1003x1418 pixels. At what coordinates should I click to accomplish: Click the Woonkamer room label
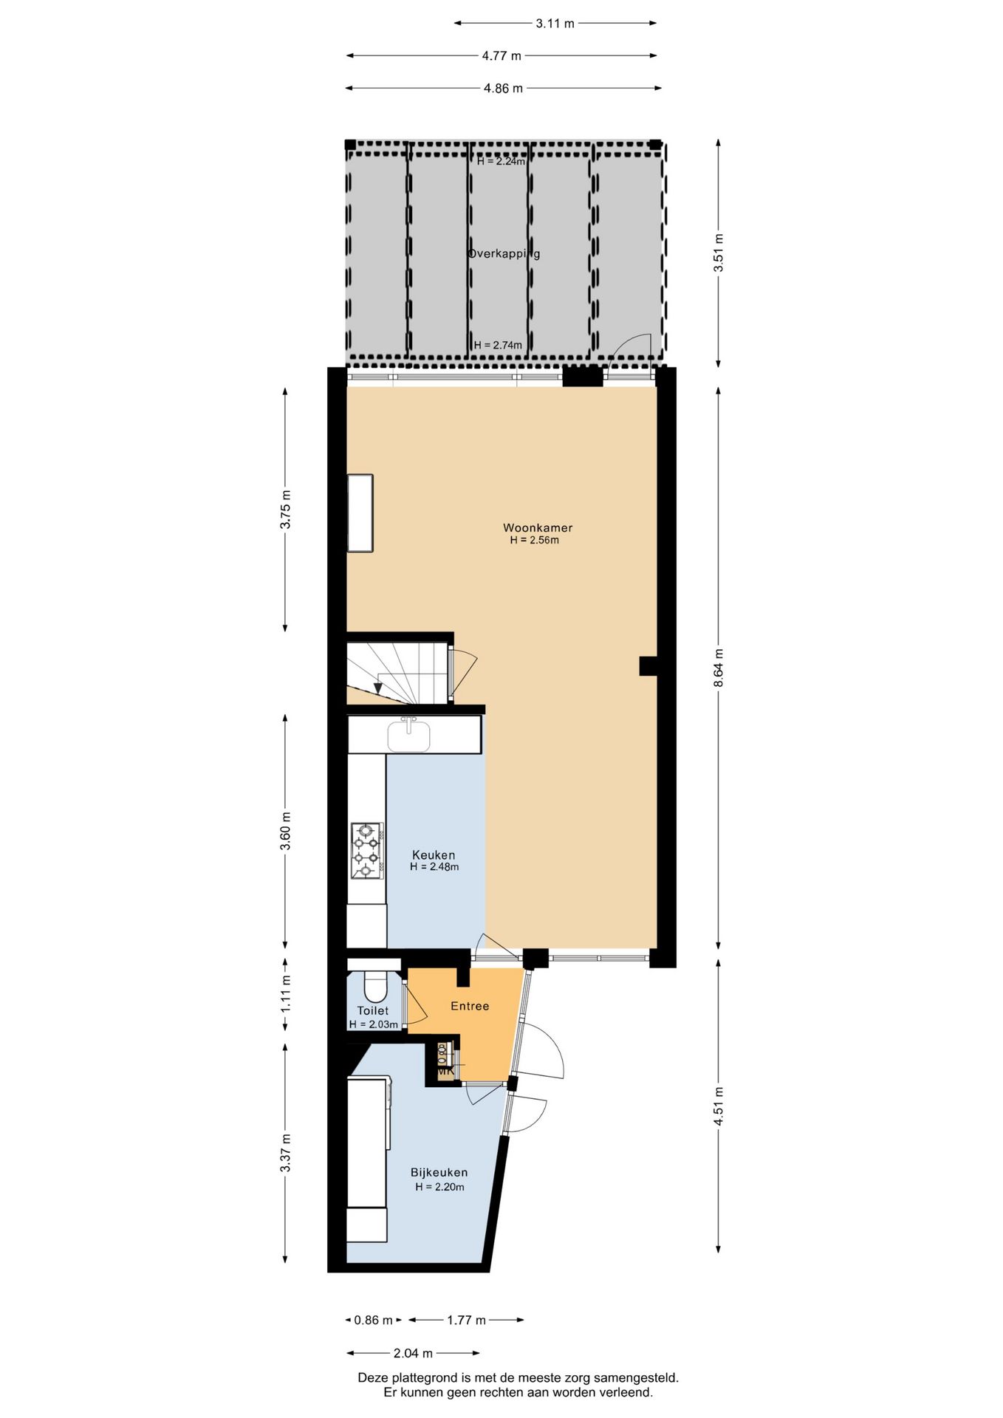(x=538, y=527)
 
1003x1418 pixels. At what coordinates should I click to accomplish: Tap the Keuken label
(x=434, y=855)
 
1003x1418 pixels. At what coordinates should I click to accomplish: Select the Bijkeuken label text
(x=439, y=1172)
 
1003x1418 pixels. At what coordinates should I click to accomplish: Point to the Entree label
(x=470, y=1006)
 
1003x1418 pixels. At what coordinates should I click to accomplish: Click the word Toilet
(x=372, y=1010)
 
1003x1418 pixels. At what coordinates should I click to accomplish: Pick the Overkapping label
(x=504, y=253)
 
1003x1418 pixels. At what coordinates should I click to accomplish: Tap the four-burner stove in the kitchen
(x=367, y=850)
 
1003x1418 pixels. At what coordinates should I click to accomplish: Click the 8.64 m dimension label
(x=719, y=668)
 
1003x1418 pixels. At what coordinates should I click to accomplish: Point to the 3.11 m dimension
(x=555, y=24)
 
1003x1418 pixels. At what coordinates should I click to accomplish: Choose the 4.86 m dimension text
(x=503, y=89)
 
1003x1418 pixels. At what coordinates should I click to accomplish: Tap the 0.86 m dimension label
(x=373, y=1320)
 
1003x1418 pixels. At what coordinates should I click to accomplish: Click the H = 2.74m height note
(x=498, y=345)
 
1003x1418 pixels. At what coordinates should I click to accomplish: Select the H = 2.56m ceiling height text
(x=534, y=540)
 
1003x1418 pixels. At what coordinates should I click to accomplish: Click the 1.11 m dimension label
(x=286, y=993)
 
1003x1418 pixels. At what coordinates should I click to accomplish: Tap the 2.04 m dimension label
(x=413, y=1353)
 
